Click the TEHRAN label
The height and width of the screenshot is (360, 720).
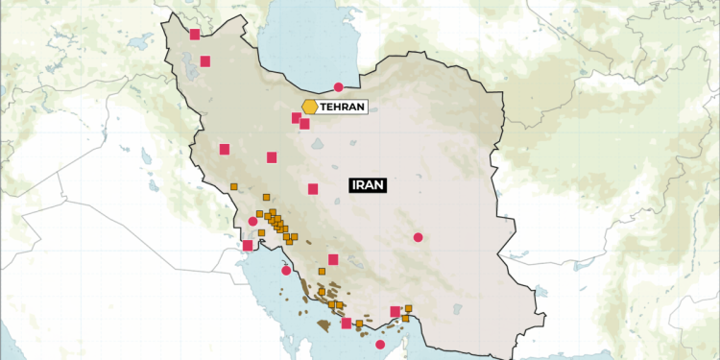(344, 107)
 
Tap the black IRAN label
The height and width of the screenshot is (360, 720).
(367, 185)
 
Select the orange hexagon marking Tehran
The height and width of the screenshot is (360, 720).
(309, 107)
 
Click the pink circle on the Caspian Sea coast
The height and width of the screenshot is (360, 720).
(338, 87)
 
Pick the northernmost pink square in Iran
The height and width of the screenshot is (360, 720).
(195, 35)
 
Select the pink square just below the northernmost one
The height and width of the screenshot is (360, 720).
(205, 62)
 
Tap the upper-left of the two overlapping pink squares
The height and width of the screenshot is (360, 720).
(297, 118)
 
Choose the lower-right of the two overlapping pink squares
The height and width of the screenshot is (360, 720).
(305, 124)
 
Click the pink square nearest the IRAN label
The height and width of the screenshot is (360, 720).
(313, 189)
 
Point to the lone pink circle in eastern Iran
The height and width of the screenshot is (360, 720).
(418, 237)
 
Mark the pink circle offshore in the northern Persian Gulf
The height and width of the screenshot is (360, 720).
(286, 271)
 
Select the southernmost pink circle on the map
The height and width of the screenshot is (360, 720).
(380, 345)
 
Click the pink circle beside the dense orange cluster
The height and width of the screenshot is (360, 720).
(252, 222)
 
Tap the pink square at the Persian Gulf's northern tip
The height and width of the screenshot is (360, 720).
(248, 246)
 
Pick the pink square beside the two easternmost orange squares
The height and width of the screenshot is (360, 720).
(396, 311)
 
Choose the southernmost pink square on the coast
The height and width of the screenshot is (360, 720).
(347, 324)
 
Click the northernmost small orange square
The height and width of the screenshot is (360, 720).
(234, 186)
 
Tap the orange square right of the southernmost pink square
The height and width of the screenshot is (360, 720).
(359, 324)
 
